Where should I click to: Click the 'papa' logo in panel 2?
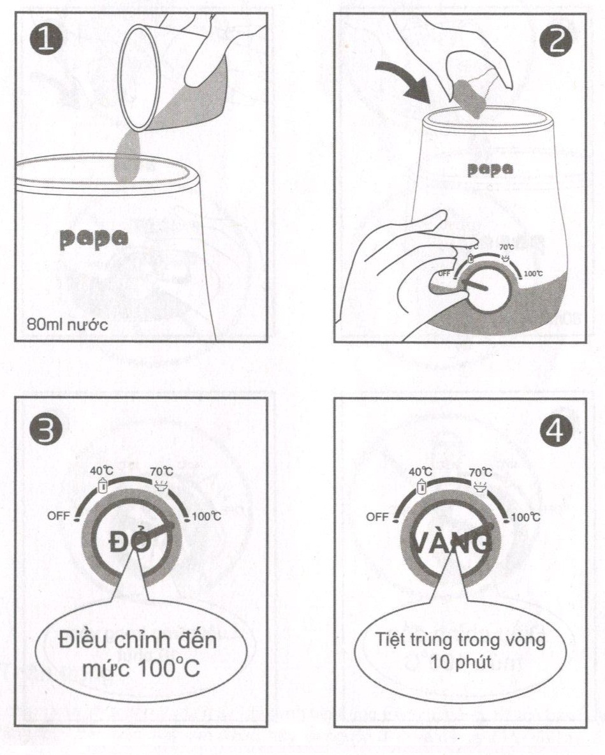pyautogui.click(x=490, y=169)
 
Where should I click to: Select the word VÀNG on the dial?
pyautogui.click(x=453, y=543)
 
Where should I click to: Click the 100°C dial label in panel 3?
pyautogui.click(x=205, y=517)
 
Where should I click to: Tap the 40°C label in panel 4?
pyautogui.click(x=420, y=472)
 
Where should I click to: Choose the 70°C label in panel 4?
pyautogui.click(x=480, y=472)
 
